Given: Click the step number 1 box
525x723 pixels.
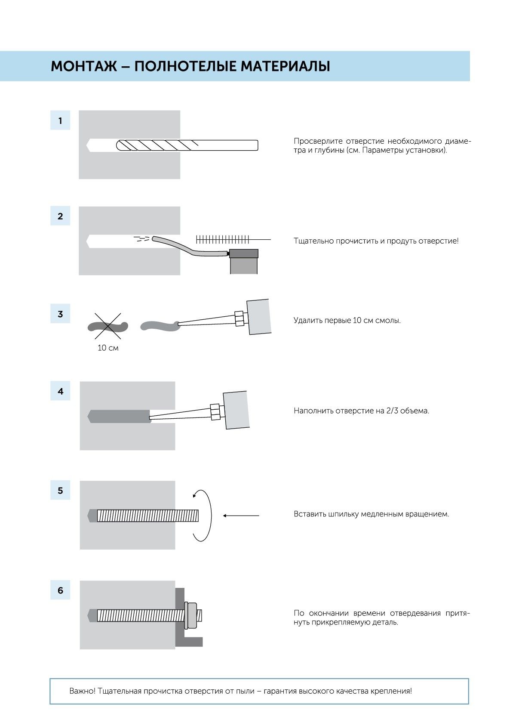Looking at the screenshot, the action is coord(60,120).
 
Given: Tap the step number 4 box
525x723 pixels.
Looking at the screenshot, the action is coord(60,391).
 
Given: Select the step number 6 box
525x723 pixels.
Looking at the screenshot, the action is coord(60,590).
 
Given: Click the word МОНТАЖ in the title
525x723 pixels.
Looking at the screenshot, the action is coord(84,66).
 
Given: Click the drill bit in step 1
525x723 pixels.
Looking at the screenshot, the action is coord(187,145).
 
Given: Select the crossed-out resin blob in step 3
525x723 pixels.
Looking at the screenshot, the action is coord(108,327).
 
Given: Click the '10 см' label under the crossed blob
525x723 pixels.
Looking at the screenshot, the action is coord(108,348).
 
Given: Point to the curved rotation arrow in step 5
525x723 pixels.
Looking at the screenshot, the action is coord(202,515).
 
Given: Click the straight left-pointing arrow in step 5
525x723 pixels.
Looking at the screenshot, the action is coord(241,515).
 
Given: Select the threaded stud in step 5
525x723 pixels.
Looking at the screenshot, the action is coord(148,516).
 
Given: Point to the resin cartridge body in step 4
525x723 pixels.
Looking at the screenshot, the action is coord(236,410).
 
